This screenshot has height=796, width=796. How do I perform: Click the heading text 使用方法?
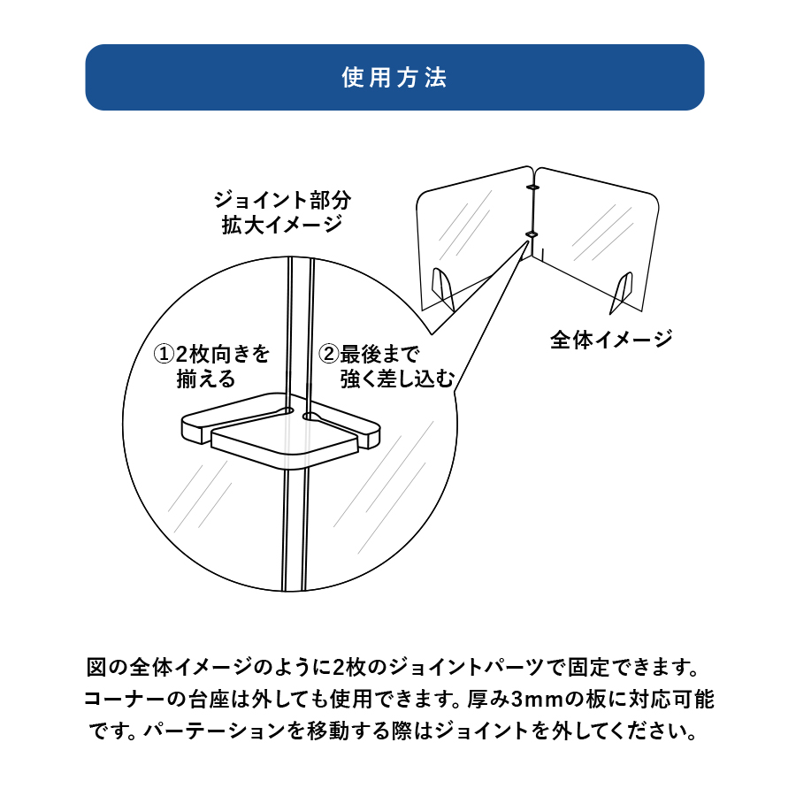coord(394,78)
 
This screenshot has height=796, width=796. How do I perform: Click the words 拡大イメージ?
coord(281,225)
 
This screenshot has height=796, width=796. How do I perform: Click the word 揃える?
coord(206,380)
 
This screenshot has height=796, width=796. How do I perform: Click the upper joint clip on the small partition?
coord(532,188)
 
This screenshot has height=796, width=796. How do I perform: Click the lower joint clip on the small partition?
coord(531,233)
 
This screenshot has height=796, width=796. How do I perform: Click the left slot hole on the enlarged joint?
coord(287,410)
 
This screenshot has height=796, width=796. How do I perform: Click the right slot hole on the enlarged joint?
coord(309,414)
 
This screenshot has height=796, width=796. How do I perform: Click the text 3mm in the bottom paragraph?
coord(532,699)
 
